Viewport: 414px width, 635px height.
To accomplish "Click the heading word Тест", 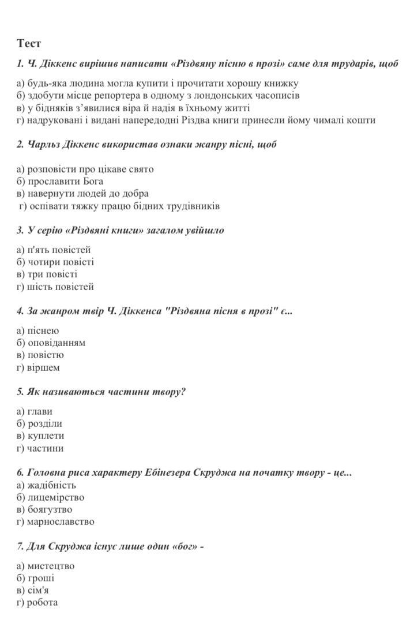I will click(x=29, y=43).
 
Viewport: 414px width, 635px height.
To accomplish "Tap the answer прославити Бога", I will click(x=60, y=181).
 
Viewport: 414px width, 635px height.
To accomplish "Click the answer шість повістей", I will click(x=55, y=287).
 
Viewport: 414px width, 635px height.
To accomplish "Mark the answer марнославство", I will click(x=55, y=522).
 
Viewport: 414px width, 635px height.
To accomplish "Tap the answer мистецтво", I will click(x=46, y=566).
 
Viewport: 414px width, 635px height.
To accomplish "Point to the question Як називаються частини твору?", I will click(x=101, y=392).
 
